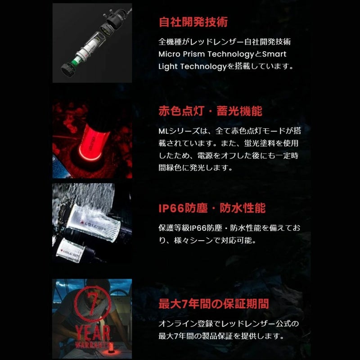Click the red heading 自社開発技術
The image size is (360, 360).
193,22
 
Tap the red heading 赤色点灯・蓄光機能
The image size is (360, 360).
210,111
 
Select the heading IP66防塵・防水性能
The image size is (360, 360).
212,208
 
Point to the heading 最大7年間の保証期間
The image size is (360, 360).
214,304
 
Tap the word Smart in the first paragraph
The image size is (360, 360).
274,54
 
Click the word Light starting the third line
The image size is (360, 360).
167,67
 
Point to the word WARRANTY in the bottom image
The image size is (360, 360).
92,345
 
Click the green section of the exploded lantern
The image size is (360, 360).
76,61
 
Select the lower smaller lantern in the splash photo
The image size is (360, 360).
72,250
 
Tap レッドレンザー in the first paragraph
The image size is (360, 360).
217,42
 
